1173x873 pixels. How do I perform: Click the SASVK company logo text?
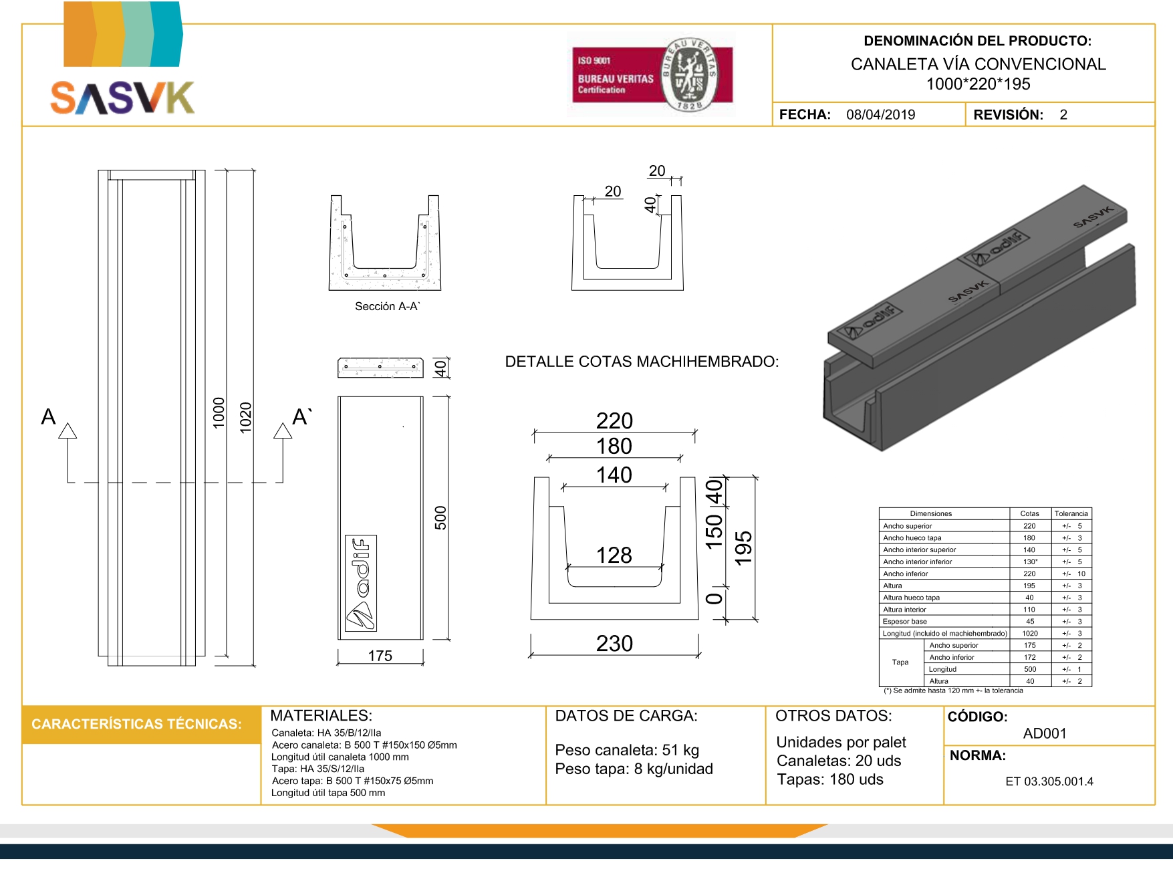pyautogui.click(x=122, y=98)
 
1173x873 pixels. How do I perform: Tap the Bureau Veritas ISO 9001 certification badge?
pyautogui.click(x=652, y=75)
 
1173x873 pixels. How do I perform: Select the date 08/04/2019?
pyautogui.click(x=880, y=114)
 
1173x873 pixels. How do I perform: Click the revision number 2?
pyautogui.click(x=1063, y=114)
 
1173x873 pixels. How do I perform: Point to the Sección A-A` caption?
pyautogui.click(x=388, y=306)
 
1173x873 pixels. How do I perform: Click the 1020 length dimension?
pyautogui.click(x=246, y=417)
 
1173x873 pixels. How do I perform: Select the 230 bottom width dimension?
pyautogui.click(x=614, y=643)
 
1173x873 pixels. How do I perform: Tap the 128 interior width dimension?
pyautogui.click(x=614, y=555)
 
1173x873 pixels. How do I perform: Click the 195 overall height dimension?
pyautogui.click(x=743, y=548)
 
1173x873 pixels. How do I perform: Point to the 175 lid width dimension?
pyautogui.click(x=380, y=656)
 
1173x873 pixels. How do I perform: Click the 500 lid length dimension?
pyautogui.click(x=440, y=518)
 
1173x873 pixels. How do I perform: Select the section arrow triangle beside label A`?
pyautogui.click(x=283, y=431)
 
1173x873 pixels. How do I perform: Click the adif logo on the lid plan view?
pyautogui.click(x=361, y=583)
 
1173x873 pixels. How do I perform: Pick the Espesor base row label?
pyautogui.click(x=905, y=622)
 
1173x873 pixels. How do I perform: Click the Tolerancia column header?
pyautogui.click(x=1071, y=513)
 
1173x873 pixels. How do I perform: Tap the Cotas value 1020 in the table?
pyautogui.click(x=1029, y=633)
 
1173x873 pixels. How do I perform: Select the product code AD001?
pyautogui.click(x=1045, y=733)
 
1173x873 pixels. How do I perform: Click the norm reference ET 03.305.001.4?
pyautogui.click(x=1049, y=781)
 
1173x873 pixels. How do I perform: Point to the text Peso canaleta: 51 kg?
pyautogui.click(x=627, y=750)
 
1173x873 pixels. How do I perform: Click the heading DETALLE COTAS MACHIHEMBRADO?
pyautogui.click(x=642, y=362)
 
